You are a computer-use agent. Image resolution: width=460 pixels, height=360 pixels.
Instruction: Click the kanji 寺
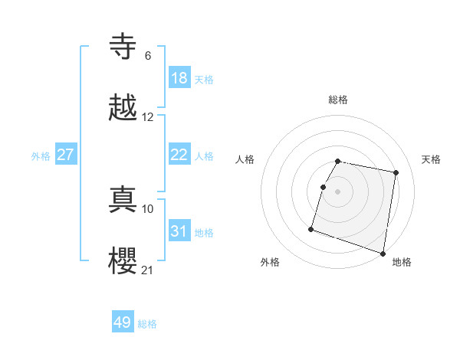click(124, 47)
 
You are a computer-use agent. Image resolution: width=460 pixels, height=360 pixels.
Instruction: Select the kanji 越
click(124, 108)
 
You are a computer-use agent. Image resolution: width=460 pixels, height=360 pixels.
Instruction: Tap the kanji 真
click(124, 199)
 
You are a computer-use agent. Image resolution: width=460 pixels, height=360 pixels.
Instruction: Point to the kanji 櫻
click(124, 260)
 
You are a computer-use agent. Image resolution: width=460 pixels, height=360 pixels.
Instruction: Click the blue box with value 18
click(179, 78)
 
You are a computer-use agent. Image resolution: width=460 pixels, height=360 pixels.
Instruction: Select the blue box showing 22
click(179, 155)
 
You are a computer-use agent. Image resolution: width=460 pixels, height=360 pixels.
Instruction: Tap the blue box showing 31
click(179, 231)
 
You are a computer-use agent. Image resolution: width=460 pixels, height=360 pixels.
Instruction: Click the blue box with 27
click(66, 155)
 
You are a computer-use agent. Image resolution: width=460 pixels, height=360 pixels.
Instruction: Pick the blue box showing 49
click(123, 322)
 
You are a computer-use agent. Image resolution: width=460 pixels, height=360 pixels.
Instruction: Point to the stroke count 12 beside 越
click(148, 117)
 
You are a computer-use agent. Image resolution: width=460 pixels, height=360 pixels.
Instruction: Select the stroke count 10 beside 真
click(148, 208)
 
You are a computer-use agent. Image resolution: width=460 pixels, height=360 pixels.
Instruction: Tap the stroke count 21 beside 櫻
click(148, 270)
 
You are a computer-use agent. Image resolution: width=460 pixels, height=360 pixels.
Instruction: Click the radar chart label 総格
click(338, 100)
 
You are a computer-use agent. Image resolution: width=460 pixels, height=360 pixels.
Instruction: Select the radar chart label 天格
click(431, 159)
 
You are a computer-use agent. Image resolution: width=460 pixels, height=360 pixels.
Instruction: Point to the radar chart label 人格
click(245, 159)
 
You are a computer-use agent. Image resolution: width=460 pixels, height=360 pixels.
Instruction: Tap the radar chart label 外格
click(270, 262)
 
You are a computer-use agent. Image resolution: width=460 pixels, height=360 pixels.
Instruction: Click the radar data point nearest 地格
click(383, 253)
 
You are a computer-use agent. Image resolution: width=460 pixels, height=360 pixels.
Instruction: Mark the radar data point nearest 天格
click(396, 173)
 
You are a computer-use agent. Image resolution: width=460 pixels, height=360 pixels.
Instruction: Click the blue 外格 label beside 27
click(41, 155)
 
